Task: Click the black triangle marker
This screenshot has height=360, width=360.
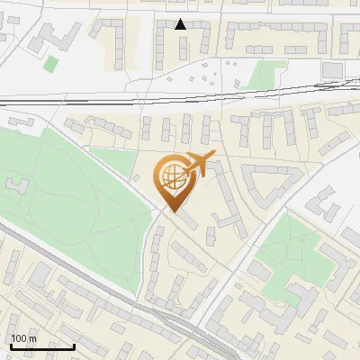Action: coord(181,24)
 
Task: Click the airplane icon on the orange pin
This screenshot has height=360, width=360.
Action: coord(198,164)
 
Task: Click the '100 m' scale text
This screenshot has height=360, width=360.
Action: coord(24,338)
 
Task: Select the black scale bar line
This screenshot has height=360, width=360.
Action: coord(41,346)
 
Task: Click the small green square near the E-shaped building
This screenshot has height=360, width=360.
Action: coord(51,64)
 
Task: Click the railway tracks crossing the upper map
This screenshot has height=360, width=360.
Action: coord(180,96)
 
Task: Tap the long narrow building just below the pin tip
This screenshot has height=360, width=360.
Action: coord(189,220)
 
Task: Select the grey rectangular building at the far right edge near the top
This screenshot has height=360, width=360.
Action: coord(332,69)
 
